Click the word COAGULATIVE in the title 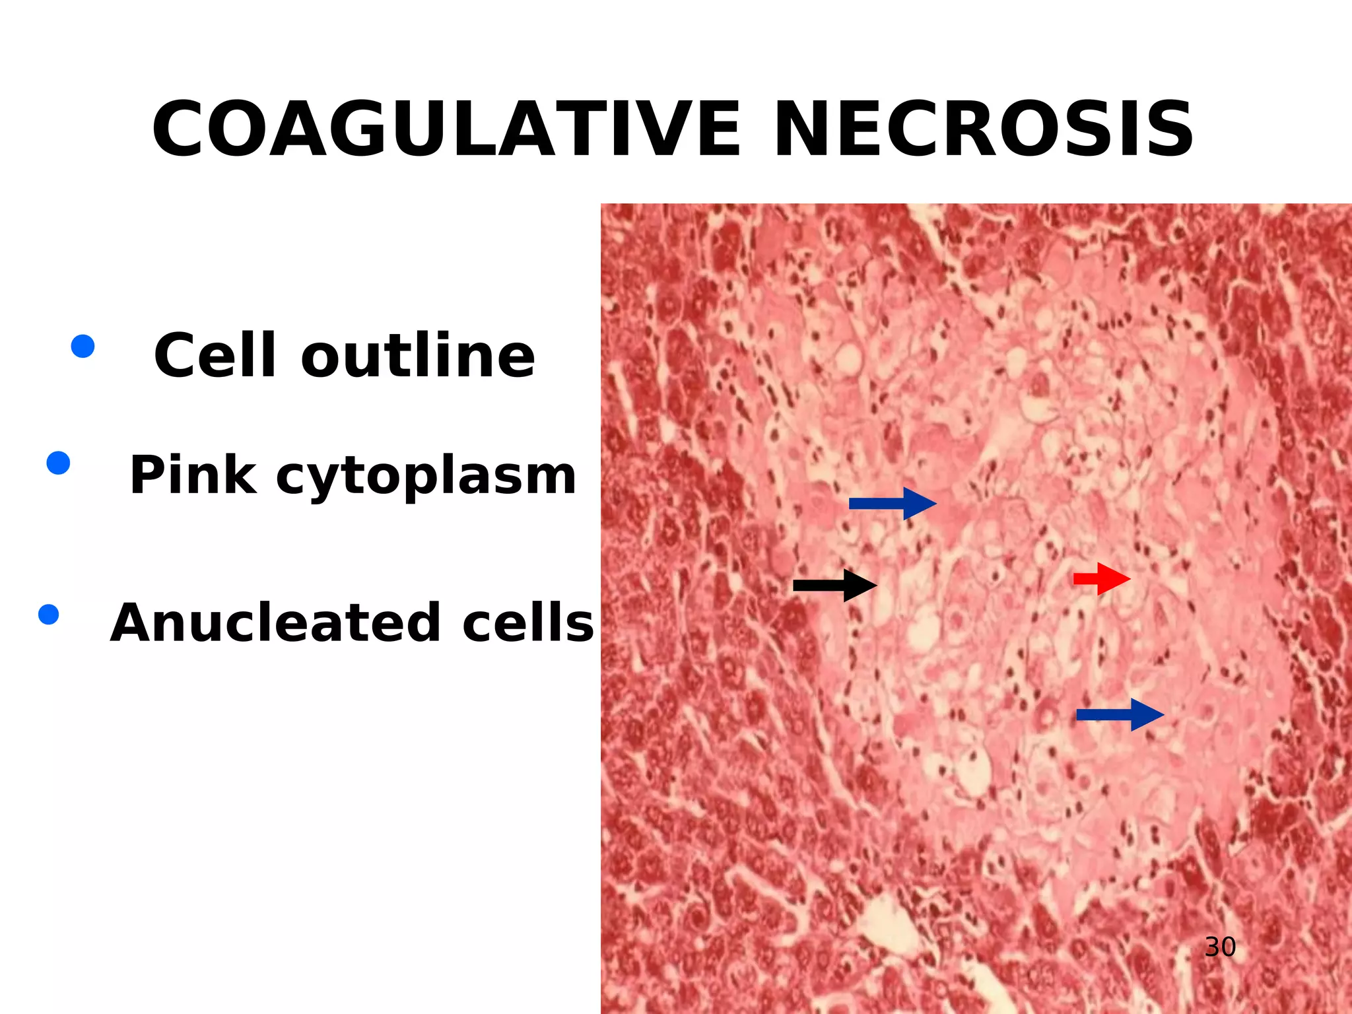click(x=447, y=129)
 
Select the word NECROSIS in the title click(x=983, y=129)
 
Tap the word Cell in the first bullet click(x=215, y=356)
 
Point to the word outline click(x=417, y=356)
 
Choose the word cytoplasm click(x=426, y=477)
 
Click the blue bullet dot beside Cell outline click(x=83, y=346)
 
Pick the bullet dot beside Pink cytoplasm click(x=59, y=463)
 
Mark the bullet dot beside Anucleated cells click(x=49, y=615)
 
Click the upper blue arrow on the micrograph click(x=892, y=504)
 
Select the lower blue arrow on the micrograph click(x=1120, y=714)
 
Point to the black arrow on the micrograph click(x=834, y=585)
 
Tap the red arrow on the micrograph click(x=1101, y=579)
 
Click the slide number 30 click(x=1220, y=947)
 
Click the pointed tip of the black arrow click(x=876, y=585)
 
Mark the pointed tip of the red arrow click(x=1130, y=579)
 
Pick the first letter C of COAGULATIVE click(x=180, y=129)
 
